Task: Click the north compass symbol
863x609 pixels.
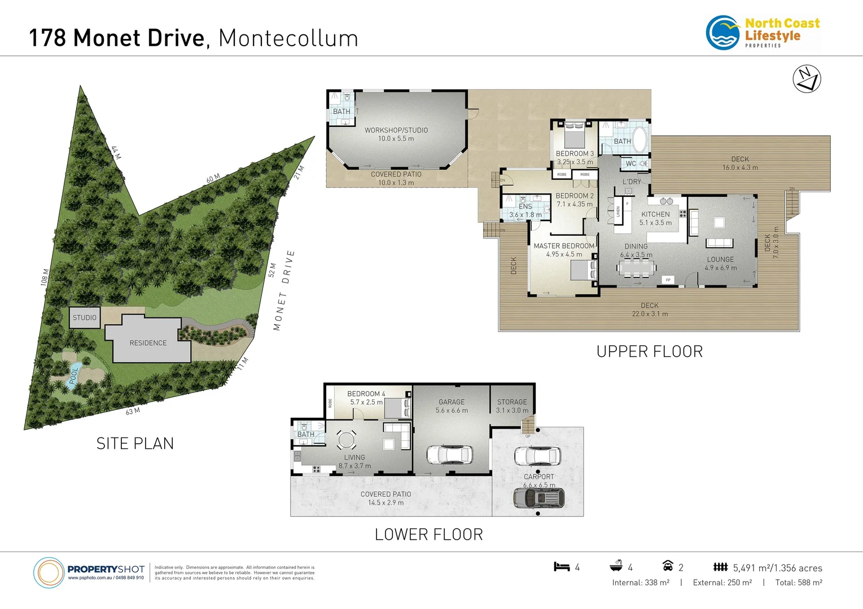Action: coord(807,79)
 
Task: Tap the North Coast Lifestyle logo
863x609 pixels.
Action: coord(763,32)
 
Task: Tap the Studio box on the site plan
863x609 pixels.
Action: coord(85,317)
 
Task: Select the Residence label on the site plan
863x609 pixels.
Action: coord(148,343)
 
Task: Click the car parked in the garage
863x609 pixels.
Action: coord(449,454)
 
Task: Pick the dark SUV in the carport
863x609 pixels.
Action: coord(538,498)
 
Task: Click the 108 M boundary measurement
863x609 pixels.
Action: coord(45,277)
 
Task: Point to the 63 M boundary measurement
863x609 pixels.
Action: coord(133,412)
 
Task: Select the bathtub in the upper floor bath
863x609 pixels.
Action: coord(640,140)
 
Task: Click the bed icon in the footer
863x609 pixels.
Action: coord(562,567)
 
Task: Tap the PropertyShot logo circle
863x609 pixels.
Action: coord(49,573)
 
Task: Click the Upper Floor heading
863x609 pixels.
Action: coord(649,352)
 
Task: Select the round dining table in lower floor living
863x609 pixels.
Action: coord(346,439)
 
